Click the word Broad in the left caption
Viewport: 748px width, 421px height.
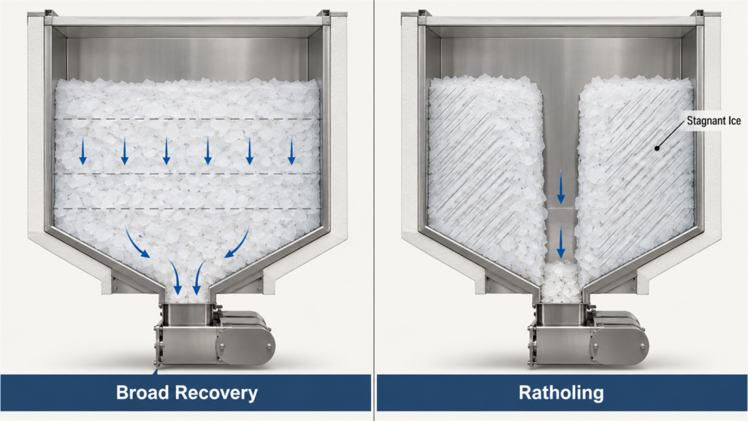[x=142, y=392]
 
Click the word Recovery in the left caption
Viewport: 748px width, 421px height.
[x=216, y=392]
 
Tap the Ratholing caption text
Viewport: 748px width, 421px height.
[x=561, y=392]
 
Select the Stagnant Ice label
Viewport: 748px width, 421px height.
[x=714, y=121]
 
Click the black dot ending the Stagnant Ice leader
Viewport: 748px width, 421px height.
[x=657, y=148]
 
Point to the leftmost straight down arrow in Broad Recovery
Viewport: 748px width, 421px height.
[x=83, y=151]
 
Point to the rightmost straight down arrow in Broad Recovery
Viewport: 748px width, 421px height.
[x=291, y=151]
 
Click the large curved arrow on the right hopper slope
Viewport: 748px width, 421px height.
[x=237, y=243]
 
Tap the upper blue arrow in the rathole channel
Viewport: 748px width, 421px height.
[x=561, y=187]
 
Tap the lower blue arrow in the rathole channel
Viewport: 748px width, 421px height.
[x=561, y=243]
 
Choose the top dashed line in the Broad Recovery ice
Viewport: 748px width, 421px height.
[x=187, y=118]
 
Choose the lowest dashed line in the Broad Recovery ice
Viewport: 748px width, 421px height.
[x=187, y=208]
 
